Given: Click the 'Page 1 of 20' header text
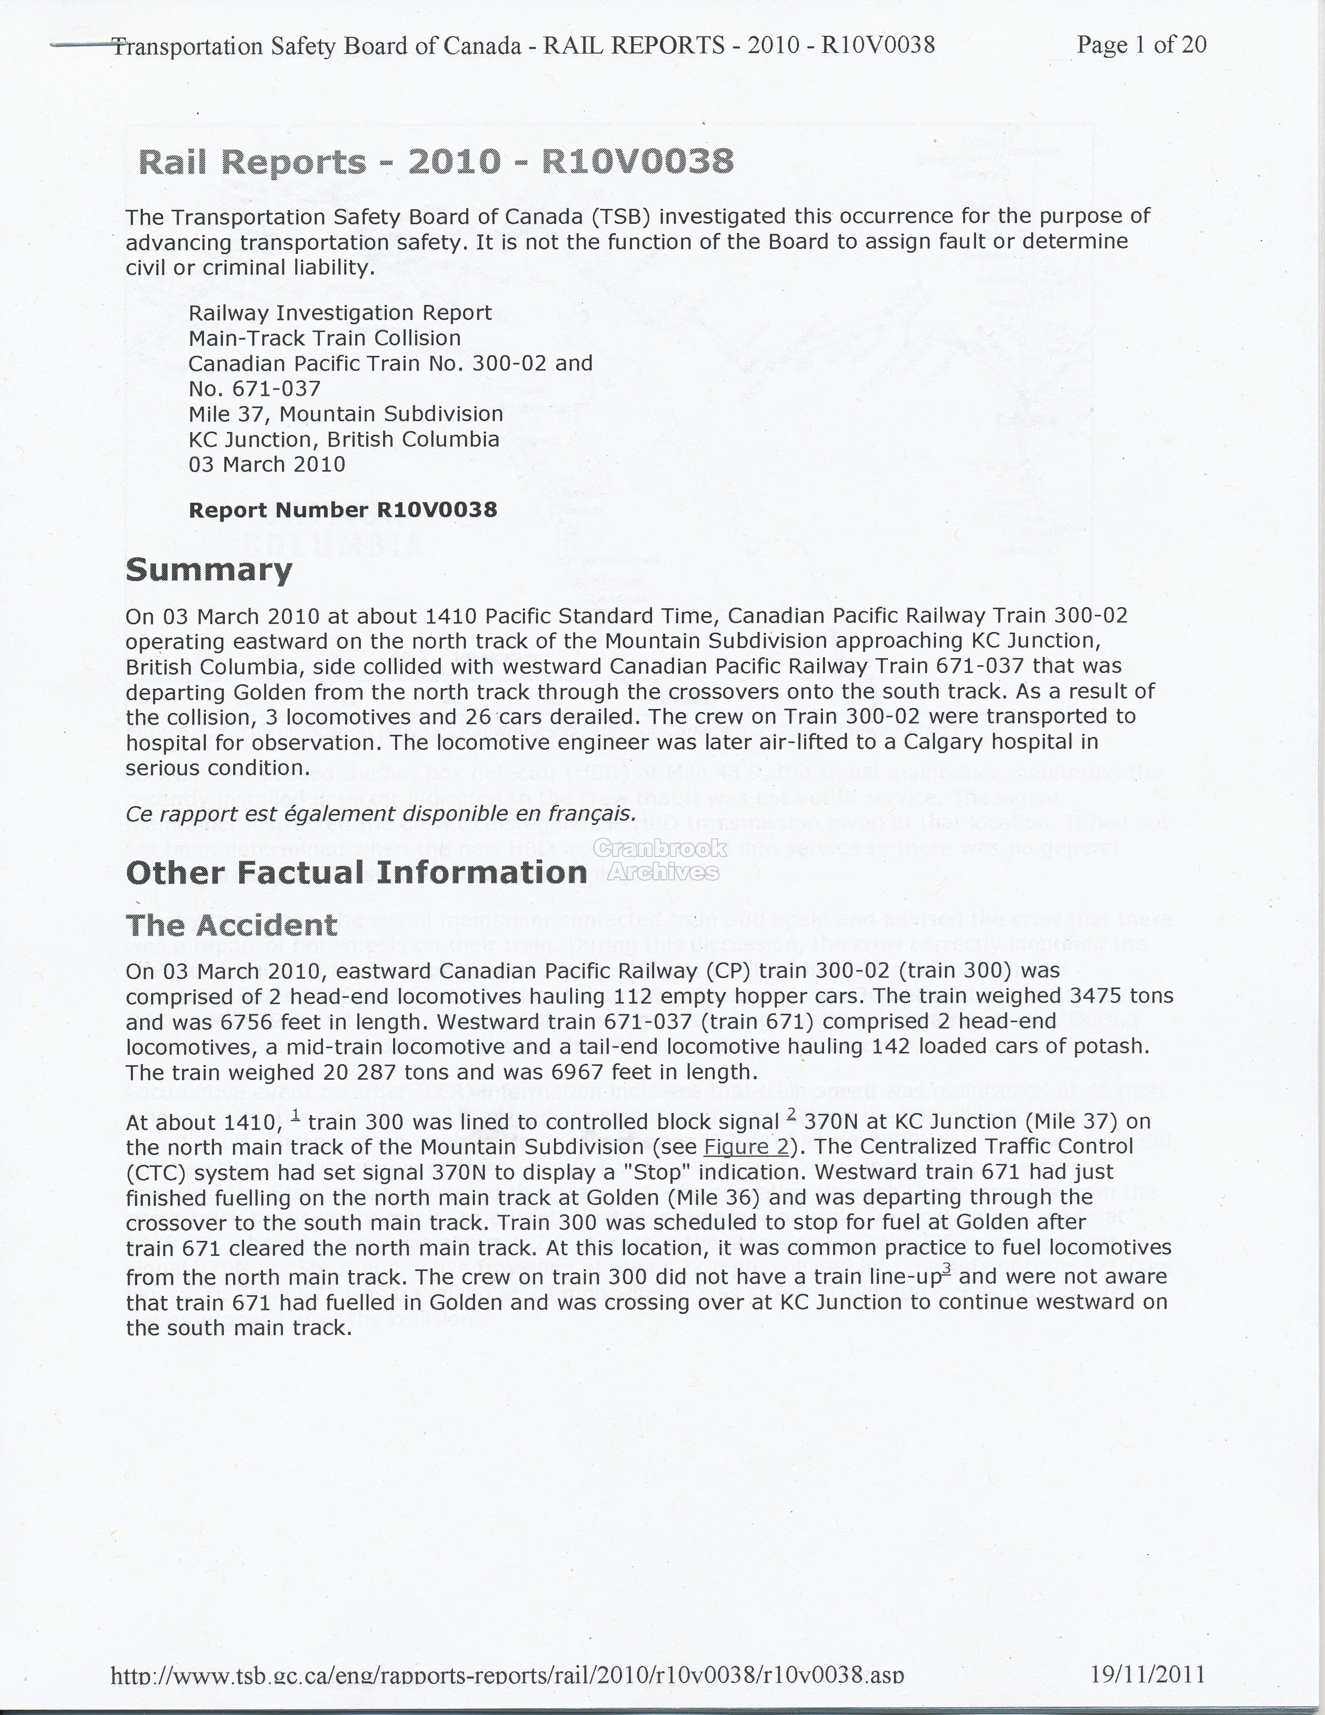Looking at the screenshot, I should pos(1141,45).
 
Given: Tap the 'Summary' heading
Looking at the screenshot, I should pos(209,570).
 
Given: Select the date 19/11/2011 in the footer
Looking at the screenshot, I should pos(1147,1672).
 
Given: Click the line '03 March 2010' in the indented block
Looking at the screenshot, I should pos(267,464).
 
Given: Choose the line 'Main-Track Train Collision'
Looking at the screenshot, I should pos(324,339).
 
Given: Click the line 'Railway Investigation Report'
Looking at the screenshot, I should pos(340,313).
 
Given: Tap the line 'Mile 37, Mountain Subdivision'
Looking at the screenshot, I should pos(345,414).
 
